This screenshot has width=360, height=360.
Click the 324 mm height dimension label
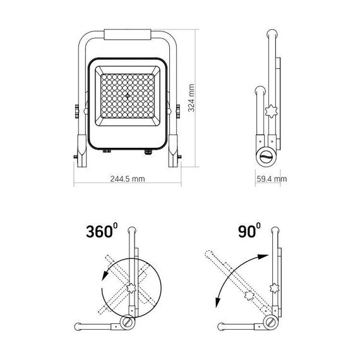pyautogui.click(x=191, y=98)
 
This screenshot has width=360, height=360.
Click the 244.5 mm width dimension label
pyautogui.click(x=128, y=179)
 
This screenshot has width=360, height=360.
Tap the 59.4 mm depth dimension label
pyautogui.click(x=272, y=179)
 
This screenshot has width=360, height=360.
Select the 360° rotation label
pyautogui.click(x=102, y=231)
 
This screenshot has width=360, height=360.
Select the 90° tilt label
pyautogui.click(x=249, y=231)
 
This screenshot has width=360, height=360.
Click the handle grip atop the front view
pyautogui.click(x=128, y=35)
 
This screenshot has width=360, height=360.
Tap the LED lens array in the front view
pyautogui.click(x=128, y=96)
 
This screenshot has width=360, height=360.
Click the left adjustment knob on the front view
pyautogui.click(x=77, y=111)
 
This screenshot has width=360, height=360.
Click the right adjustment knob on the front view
pyautogui.click(x=178, y=111)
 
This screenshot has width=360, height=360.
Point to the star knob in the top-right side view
pyautogui.click(x=271, y=112)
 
